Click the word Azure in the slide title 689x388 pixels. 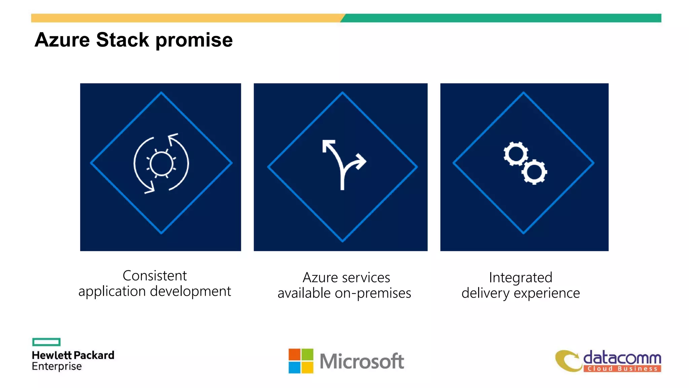[62, 40]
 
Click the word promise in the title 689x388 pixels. [194, 40]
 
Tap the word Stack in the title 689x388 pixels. [122, 40]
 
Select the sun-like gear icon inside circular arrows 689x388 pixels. [161, 164]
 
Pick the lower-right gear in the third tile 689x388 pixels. [534, 172]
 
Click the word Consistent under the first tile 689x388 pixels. [154, 276]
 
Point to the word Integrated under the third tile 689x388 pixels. [520, 278]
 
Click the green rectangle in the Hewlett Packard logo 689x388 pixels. [46, 342]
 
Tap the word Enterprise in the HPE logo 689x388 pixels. [57, 366]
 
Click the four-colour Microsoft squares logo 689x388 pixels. [301, 361]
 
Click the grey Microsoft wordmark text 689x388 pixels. [362, 361]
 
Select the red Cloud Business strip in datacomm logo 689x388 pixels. [622, 368]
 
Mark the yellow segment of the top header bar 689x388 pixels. [185, 18]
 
